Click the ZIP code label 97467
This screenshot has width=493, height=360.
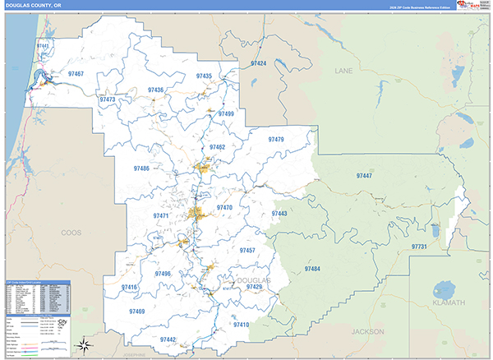[x=76, y=74]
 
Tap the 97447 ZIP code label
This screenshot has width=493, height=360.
[x=364, y=176]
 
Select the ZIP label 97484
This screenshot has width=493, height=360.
[x=312, y=269]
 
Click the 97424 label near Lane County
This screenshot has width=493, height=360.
[x=258, y=63]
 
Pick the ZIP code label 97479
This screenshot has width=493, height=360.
[x=276, y=140]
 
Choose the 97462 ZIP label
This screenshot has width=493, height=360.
[x=217, y=147]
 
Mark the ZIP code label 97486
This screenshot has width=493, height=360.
[x=141, y=168]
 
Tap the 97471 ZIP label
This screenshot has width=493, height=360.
[x=161, y=215]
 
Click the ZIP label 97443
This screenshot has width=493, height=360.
[x=279, y=214]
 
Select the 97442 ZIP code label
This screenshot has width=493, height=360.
[x=168, y=339]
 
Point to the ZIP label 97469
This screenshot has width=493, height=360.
[x=137, y=312]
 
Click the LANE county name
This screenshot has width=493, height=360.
[x=343, y=72]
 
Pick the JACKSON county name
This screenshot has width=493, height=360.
[x=366, y=331]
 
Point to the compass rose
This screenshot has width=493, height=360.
[x=86, y=343]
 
